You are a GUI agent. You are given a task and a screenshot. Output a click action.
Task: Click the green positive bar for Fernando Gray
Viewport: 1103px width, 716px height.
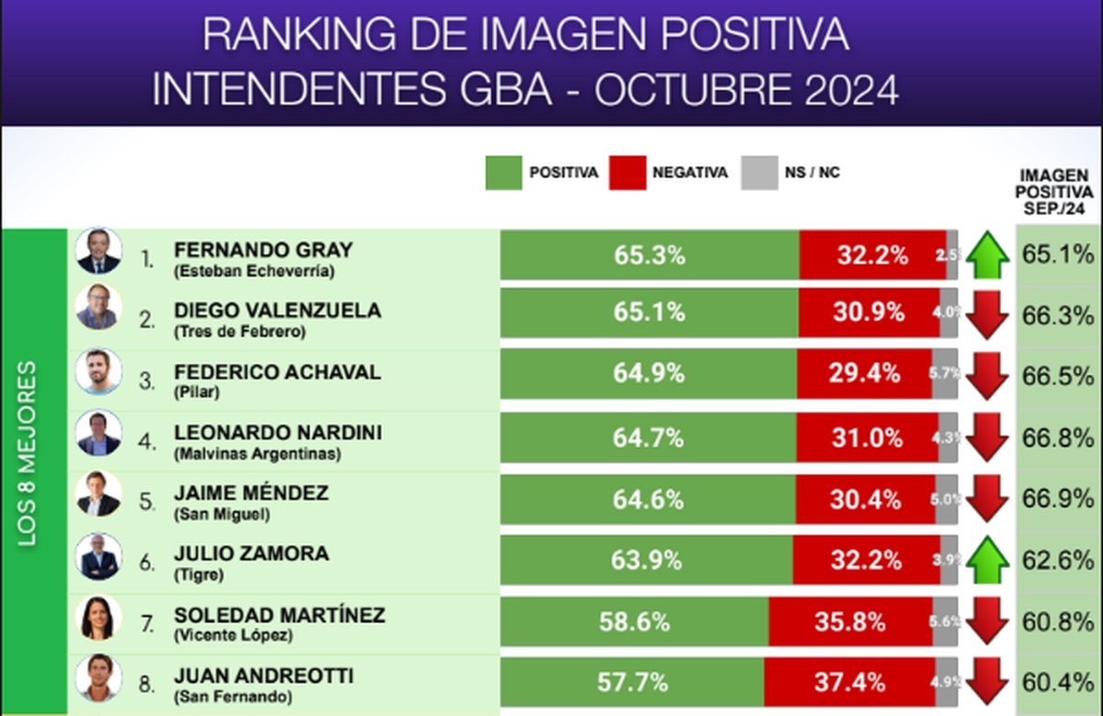pyautogui.click(x=649, y=255)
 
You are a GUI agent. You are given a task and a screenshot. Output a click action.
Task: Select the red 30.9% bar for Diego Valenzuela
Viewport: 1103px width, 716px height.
pyautogui.click(x=869, y=313)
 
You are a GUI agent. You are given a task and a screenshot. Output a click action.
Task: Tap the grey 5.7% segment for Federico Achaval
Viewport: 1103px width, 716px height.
pyautogui.click(x=945, y=374)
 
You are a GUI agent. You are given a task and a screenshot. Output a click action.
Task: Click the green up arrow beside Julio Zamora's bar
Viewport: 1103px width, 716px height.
pyautogui.click(x=987, y=560)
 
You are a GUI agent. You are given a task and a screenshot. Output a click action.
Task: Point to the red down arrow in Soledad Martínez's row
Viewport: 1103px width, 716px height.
pyautogui.click(x=987, y=621)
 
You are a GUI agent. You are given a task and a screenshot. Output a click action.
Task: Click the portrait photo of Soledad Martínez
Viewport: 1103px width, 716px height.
pyautogui.click(x=98, y=618)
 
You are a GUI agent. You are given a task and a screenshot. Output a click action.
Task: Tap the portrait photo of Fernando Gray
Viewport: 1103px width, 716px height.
pyautogui.click(x=98, y=251)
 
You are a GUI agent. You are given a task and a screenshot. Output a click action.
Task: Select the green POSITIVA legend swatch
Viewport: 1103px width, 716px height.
pyautogui.click(x=503, y=173)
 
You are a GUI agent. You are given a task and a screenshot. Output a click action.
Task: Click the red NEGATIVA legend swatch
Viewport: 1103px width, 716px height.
pyautogui.click(x=627, y=173)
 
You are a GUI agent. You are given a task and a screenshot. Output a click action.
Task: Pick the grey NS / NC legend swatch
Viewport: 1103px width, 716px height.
pyautogui.click(x=759, y=173)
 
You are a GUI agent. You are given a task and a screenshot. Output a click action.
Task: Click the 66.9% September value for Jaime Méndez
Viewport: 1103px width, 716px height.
pyautogui.click(x=1058, y=499)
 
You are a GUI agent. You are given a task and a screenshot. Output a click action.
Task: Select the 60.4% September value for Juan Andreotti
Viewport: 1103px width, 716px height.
pyautogui.click(x=1058, y=682)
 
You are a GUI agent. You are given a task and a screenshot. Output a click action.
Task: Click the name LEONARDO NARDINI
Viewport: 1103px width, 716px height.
pyautogui.click(x=278, y=433)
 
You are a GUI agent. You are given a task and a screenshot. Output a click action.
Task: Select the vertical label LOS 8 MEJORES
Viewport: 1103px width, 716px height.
pyautogui.click(x=29, y=454)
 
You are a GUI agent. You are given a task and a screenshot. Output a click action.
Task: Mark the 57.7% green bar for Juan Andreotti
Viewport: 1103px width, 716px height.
pyautogui.click(x=631, y=682)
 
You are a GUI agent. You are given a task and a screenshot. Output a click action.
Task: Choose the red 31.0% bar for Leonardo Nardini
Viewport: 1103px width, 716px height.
pyautogui.click(x=867, y=438)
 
